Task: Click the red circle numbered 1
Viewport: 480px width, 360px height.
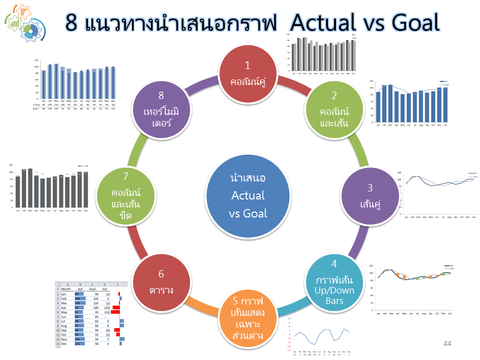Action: tap(247, 73)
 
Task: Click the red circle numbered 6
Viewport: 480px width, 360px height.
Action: tap(161, 283)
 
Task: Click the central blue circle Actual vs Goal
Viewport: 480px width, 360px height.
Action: tap(248, 195)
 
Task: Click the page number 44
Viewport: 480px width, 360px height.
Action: tap(447, 344)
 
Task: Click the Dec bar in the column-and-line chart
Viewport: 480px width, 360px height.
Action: tap(445, 104)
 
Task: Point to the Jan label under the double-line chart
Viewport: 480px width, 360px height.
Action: tap(406, 217)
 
